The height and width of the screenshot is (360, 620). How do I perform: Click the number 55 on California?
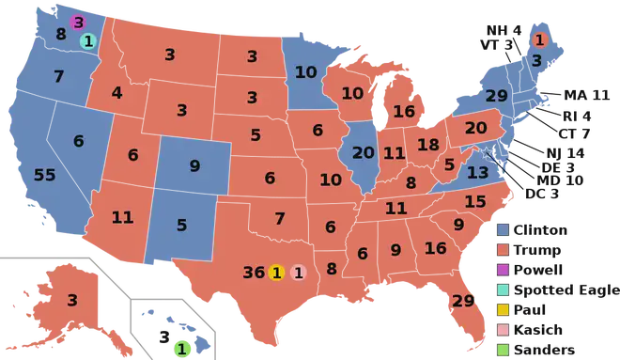[x=44, y=176]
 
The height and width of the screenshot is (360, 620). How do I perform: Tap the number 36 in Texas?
[x=254, y=273]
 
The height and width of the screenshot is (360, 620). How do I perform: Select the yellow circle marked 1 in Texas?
[x=276, y=273]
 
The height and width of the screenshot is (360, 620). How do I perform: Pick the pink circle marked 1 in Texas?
[x=299, y=273]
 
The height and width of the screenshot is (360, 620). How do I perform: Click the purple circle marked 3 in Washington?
[x=78, y=22]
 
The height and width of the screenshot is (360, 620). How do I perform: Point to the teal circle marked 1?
[x=87, y=40]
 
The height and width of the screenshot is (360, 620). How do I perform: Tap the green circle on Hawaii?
[x=182, y=349]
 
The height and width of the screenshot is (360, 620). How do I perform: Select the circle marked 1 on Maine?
[x=539, y=39]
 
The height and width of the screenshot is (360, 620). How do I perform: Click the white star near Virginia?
[x=487, y=152]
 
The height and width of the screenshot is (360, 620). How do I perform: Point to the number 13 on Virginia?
[x=478, y=172]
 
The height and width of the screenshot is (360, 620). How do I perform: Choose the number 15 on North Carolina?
[x=475, y=201]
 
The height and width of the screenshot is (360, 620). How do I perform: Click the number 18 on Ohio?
[x=428, y=145]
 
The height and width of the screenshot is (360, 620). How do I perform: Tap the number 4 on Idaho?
[x=116, y=93]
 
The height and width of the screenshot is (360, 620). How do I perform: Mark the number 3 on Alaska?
[x=72, y=301]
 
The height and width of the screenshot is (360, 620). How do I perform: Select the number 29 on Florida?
[x=463, y=301]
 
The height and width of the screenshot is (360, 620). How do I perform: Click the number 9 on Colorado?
[x=194, y=166]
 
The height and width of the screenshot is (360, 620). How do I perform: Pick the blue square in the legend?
[x=504, y=229]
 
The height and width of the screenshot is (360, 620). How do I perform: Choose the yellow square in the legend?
[x=504, y=308]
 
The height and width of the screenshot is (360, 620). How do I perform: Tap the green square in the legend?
[x=504, y=349]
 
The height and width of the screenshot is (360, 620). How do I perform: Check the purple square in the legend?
[x=504, y=270]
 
